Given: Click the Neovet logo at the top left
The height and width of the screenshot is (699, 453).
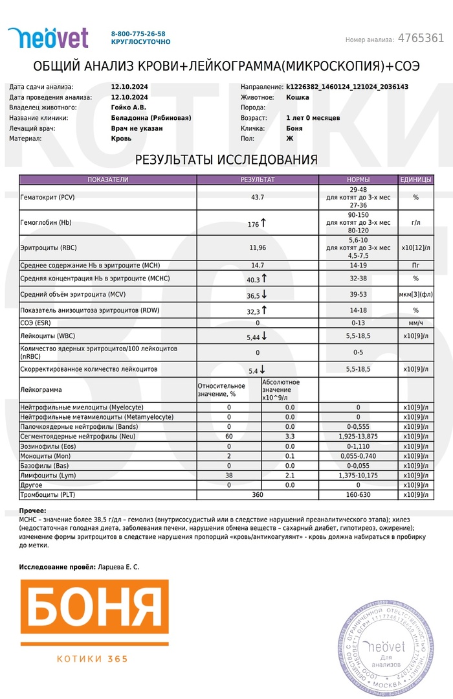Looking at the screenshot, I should point(48,38).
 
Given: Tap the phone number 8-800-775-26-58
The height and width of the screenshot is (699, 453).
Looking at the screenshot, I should point(138,34).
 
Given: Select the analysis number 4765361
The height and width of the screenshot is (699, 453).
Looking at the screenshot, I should point(421,38).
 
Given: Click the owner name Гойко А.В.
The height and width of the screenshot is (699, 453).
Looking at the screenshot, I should point(129,108).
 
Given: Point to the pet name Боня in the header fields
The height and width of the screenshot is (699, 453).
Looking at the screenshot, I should point(294,128).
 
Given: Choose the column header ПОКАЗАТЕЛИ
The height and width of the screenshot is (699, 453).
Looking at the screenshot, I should point(108,179).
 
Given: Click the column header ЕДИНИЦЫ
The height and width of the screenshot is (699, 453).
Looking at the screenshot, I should point(415,179).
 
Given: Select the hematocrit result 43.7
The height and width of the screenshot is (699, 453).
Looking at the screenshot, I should point(258,196).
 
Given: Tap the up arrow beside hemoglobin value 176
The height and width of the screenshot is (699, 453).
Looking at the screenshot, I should point(263,223).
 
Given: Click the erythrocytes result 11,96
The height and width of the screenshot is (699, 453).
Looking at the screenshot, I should point(258,247).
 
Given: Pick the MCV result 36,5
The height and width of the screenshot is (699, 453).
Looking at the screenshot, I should point(254,295).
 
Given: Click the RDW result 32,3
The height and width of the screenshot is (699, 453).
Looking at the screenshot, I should point(254,310).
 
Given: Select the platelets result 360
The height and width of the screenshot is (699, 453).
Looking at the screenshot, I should point(258,495).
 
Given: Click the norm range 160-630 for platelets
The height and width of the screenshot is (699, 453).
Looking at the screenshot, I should point(358,495).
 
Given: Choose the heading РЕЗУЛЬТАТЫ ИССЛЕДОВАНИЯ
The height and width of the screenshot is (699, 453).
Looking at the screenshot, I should point(226,160).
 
